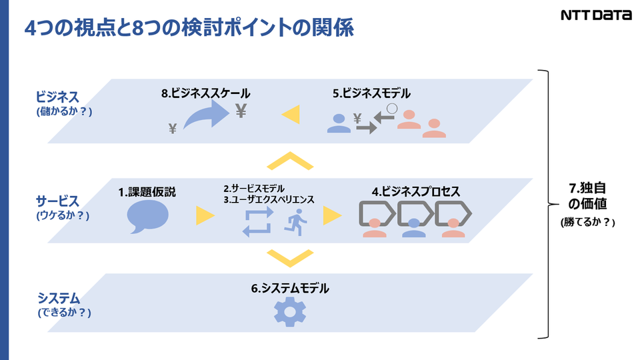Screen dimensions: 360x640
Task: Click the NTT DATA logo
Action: pos(596,15)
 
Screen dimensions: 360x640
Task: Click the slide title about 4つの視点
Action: pos(189,29)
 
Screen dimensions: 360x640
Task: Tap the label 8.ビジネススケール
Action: pos(206,94)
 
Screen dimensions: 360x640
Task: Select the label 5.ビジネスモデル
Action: pos(371,94)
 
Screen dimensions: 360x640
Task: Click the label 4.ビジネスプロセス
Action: pos(416,191)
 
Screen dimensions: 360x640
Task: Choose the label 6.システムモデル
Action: pos(290,289)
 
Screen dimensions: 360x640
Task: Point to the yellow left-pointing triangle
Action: pos(290,115)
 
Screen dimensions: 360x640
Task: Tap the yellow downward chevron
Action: pos(289,256)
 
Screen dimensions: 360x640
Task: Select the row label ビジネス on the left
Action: pos(58,97)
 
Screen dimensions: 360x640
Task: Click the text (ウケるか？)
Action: pos(63,215)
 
